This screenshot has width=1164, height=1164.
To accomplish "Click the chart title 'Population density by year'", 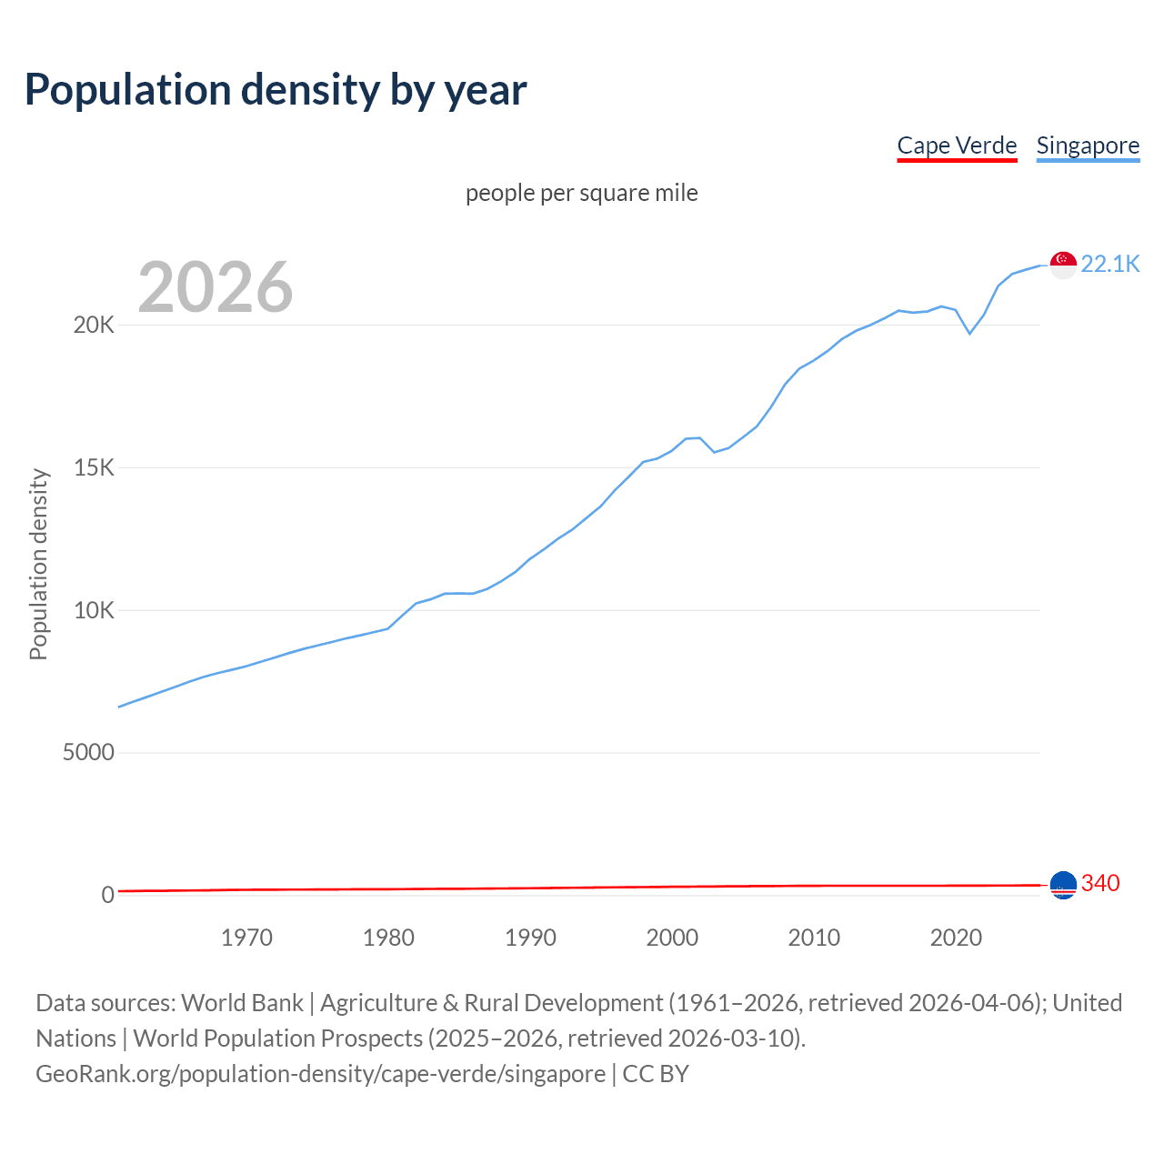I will tap(276, 90).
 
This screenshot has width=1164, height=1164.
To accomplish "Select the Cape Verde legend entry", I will tap(957, 145).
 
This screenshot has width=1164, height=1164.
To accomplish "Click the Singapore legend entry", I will tap(1088, 145).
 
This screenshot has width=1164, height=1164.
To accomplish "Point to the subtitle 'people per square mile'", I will tap(582, 193).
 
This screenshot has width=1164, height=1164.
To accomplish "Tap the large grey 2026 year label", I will tap(216, 287).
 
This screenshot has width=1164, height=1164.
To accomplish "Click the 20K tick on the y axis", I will tap(94, 325).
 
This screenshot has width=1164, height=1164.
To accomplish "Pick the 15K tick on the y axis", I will tap(94, 467).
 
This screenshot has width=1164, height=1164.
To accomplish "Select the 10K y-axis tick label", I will tap(94, 610).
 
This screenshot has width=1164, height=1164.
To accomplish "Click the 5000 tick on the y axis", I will tap(88, 752).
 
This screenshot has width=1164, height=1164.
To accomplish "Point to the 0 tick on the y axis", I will tap(108, 895).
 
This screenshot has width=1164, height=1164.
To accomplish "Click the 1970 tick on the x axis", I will tap(246, 938).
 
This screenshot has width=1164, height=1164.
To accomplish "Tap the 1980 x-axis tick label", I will tap(388, 938).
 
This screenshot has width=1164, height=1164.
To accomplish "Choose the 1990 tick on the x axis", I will tap(530, 938).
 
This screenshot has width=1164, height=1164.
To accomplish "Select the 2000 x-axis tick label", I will tap(672, 938).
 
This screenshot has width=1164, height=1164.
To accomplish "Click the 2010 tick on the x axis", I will tap(814, 938).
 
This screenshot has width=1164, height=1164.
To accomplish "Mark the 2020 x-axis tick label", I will tap(956, 938).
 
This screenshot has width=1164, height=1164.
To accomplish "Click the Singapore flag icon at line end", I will tap(1063, 265).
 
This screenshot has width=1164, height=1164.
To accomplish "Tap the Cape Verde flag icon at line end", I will tap(1063, 884).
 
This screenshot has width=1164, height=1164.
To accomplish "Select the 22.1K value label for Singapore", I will tap(1109, 264).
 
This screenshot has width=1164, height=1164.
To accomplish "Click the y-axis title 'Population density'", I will tap(38, 564).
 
